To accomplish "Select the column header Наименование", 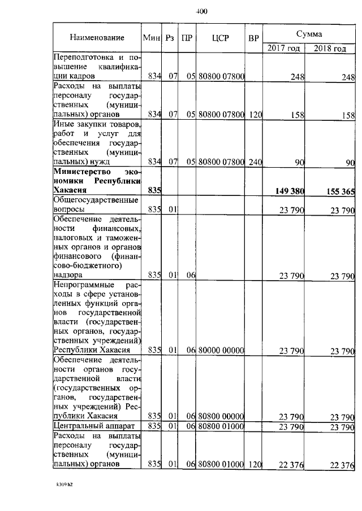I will point(97,37).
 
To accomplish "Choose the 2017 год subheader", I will point(284,49).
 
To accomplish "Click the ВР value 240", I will point(256,162).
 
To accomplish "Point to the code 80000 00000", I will point(221,351).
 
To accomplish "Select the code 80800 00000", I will point(221,417).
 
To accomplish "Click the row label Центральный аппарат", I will point(92,425).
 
